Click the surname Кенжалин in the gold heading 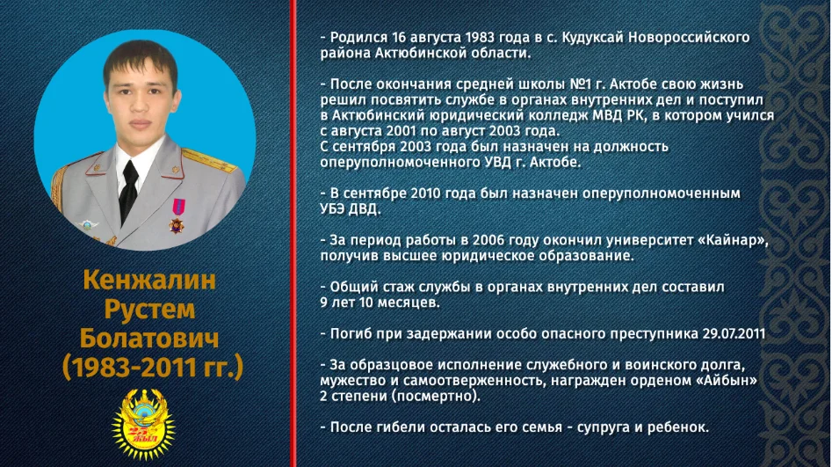pyautogui.click(x=149, y=280)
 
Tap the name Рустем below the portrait pyautogui.click(x=149, y=310)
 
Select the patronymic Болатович pyautogui.click(x=149, y=338)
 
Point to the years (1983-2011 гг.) pyautogui.click(x=153, y=368)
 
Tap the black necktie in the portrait pyautogui.click(x=128, y=191)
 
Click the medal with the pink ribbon pyautogui.click(x=177, y=215)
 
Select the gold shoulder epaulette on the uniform pyautogui.click(x=209, y=160)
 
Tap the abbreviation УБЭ pyautogui.click(x=333, y=208)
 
